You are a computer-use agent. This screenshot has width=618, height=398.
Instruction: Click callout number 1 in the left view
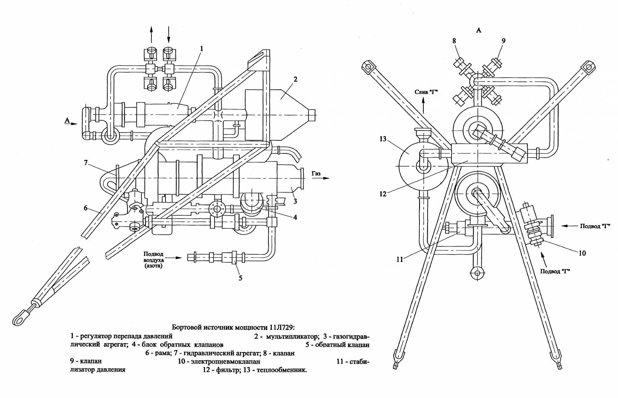point(202,49)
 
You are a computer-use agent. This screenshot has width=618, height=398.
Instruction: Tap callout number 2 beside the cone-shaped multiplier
point(295,80)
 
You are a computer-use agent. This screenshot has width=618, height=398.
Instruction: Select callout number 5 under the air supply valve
point(240,278)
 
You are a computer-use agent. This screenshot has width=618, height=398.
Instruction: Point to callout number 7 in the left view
point(86,163)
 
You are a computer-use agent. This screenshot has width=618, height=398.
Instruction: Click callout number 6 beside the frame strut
point(86,208)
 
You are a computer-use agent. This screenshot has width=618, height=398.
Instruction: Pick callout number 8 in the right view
point(454,41)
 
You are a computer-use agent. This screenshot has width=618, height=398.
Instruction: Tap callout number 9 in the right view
point(504,41)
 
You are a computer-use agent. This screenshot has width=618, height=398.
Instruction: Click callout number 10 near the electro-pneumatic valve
point(582,253)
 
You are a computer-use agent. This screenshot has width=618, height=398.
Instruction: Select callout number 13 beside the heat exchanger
point(383,139)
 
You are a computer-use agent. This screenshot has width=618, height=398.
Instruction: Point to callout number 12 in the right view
point(383,194)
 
